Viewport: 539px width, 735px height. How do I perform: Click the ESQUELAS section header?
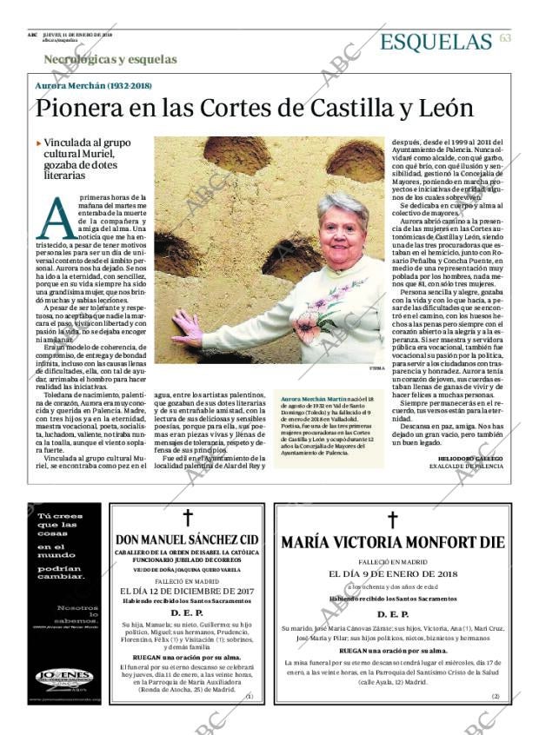tap(436, 41)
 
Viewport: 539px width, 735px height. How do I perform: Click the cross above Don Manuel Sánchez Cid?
tap(187, 518)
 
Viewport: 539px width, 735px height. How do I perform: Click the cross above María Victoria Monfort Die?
tap(391, 520)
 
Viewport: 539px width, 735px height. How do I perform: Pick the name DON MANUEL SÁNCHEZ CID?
tap(187, 540)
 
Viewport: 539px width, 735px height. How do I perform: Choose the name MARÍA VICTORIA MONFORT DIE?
tap(391, 543)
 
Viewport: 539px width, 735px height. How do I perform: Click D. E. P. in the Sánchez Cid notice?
tap(187, 612)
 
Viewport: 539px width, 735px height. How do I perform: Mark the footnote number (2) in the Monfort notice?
tap(495, 696)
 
